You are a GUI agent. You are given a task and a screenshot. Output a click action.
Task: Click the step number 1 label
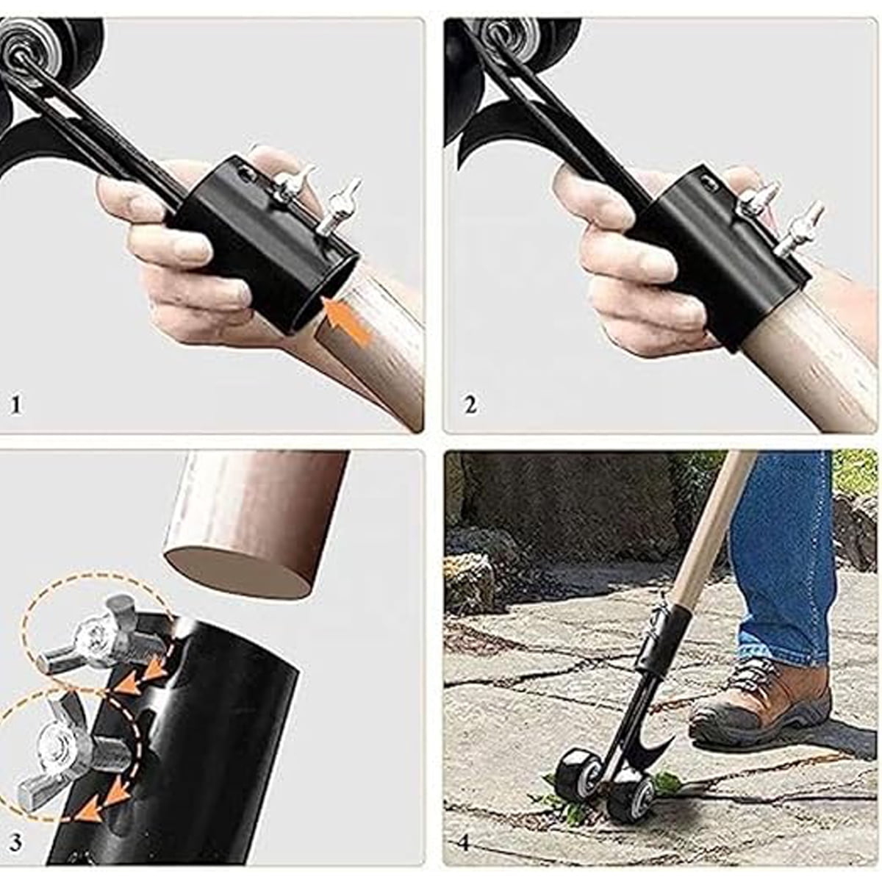[15, 405]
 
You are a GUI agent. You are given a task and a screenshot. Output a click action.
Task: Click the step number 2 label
[470, 405]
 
